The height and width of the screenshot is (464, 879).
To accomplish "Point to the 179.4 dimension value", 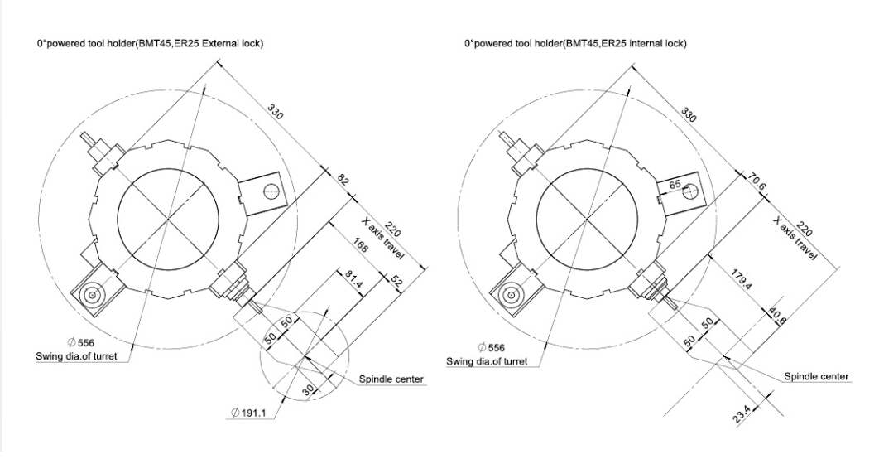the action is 741,279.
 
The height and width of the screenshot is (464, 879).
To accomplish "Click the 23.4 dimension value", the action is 741,415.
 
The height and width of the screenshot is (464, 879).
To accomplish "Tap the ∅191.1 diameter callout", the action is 247,413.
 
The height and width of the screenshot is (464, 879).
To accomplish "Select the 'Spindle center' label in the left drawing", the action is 391,379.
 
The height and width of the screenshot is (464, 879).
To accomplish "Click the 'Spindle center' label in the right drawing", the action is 816,376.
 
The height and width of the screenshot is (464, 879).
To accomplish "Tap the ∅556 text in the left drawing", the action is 81,342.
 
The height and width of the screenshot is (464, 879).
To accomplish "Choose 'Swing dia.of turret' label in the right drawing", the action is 487,361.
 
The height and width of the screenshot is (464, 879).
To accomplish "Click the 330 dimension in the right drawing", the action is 689,114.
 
